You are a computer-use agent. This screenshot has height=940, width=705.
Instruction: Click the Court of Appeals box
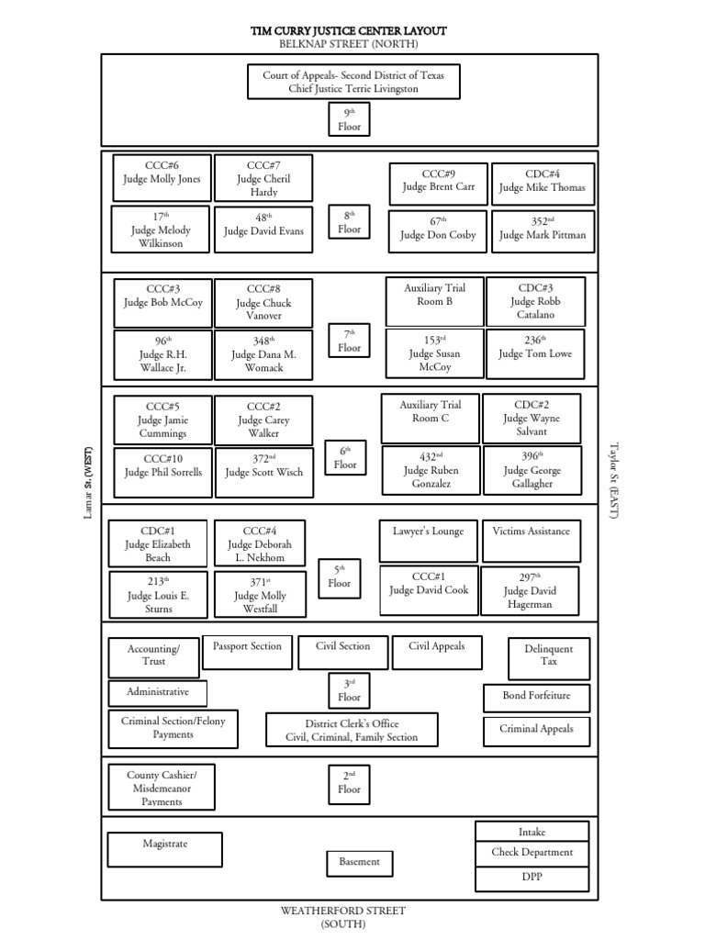click(x=353, y=82)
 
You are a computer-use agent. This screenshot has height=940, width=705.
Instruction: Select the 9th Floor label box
click(x=349, y=119)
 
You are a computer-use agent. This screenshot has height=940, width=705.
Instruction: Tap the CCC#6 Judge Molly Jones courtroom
click(x=162, y=178)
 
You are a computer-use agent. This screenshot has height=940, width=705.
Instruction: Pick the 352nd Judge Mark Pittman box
click(x=543, y=230)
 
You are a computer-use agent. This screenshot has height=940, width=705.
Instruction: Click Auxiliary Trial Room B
click(x=434, y=301)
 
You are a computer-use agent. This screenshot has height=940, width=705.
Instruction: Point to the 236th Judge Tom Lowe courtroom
click(x=535, y=353)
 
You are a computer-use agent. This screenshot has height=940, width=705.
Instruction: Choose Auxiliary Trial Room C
click(x=431, y=419)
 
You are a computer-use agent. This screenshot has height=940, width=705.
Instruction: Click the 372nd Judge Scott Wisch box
click(x=264, y=473)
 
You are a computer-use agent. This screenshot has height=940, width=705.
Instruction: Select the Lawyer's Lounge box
click(x=428, y=541)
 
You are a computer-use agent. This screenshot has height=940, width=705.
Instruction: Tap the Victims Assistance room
click(x=532, y=541)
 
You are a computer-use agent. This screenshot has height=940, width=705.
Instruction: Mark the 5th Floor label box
click(x=340, y=578)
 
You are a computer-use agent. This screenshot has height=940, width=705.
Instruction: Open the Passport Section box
click(x=247, y=653)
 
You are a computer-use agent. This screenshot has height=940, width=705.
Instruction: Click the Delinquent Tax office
click(x=549, y=658)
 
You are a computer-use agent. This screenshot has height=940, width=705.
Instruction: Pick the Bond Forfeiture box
click(x=536, y=699)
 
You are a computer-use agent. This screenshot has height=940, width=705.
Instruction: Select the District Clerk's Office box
click(x=352, y=730)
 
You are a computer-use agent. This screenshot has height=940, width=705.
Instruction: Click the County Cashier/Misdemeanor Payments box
click(x=162, y=787)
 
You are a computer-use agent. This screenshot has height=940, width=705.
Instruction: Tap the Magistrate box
click(x=165, y=849)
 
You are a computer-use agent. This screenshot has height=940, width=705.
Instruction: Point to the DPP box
click(x=532, y=878)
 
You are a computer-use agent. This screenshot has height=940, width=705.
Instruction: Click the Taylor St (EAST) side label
click(x=613, y=481)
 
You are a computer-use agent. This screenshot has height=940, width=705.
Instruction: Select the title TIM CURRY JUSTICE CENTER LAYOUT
click(x=348, y=30)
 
